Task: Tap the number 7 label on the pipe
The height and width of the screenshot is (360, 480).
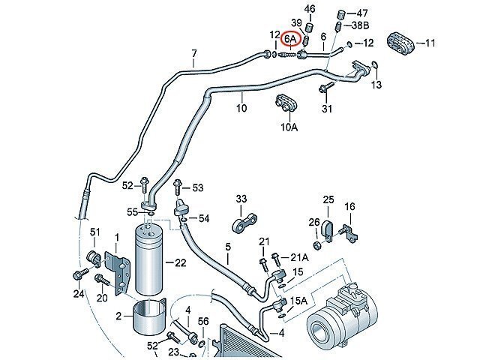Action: click(193, 53)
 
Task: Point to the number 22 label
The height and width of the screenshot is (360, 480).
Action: click(180, 262)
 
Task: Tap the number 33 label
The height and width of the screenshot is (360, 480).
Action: click(241, 199)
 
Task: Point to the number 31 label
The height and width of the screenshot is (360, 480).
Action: click(326, 110)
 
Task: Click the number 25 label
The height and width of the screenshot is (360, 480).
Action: click(328, 199)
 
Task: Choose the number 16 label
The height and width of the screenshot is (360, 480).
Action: click(349, 206)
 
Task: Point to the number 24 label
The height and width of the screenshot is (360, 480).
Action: click(79, 293)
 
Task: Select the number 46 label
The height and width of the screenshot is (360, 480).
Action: click(310, 8)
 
